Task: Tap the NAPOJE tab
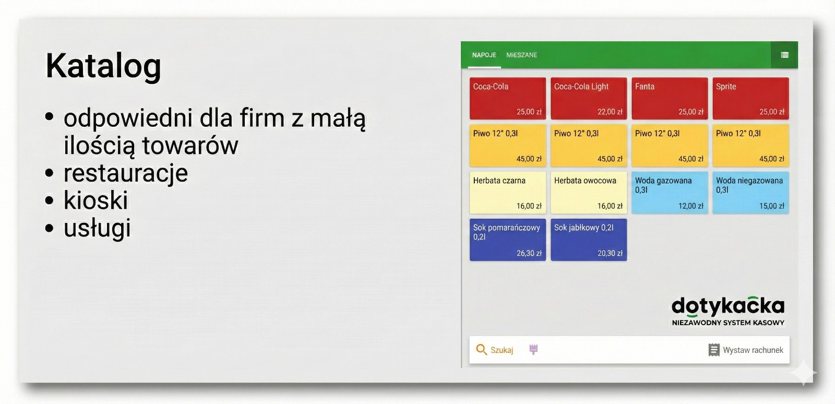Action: tap(484, 55)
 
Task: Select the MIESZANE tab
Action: tap(521, 55)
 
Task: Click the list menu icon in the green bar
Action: tap(784, 55)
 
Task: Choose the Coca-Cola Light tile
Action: tap(589, 99)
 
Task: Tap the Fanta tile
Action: tap(670, 99)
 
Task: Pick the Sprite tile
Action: tap(751, 99)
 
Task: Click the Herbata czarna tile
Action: tap(508, 193)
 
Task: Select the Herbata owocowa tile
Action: tap(589, 193)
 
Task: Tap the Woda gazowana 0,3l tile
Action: tap(670, 193)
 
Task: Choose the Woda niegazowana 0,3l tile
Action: tap(751, 193)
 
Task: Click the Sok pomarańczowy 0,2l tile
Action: tap(508, 240)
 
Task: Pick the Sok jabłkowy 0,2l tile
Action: tap(589, 240)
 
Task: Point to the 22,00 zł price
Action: tap(610, 112)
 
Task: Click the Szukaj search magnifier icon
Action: tap(481, 350)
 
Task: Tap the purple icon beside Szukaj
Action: tap(533, 349)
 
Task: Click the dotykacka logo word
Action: tap(727, 306)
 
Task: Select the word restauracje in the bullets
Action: tap(126, 173)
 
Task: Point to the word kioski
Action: tap(96, 200)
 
